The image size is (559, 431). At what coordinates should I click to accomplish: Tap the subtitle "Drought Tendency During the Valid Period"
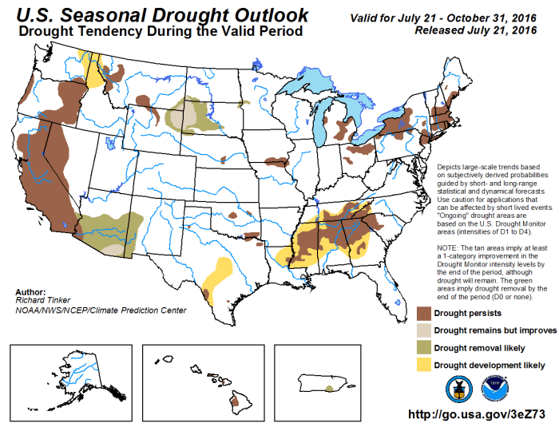pyautogui.click(x=160, y=31)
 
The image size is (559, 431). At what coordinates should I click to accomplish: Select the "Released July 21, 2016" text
pyautogui.click(x=474, y=30)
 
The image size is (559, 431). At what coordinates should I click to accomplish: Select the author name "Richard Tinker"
pyautogui.click(x=40, y=301)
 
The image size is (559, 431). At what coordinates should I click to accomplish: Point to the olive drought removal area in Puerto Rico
pyautogui.click(x=331, y=389)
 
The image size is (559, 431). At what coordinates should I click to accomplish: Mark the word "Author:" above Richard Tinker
pyautogui.click(x=30, y=292)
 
